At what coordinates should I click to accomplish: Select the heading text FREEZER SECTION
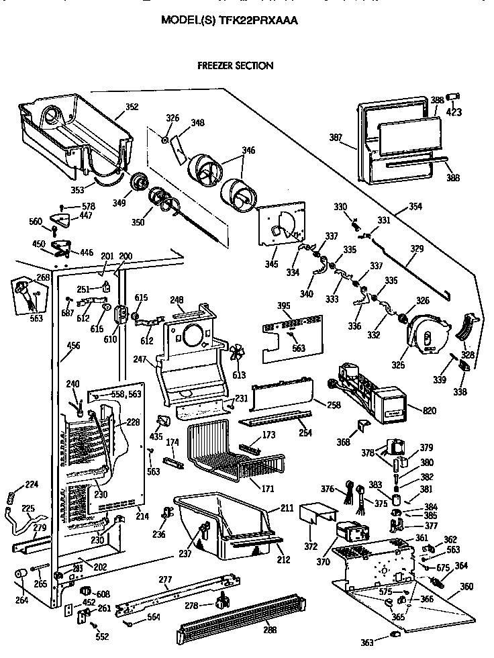tap(235, 66)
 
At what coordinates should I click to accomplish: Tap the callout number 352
tap(132, 106)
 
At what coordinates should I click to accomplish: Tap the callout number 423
tap(454, 112)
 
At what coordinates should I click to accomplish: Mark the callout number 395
tap(283, 306)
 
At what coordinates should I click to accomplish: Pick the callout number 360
tap(466, 585)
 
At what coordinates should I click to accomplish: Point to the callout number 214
tap(142, 516)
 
